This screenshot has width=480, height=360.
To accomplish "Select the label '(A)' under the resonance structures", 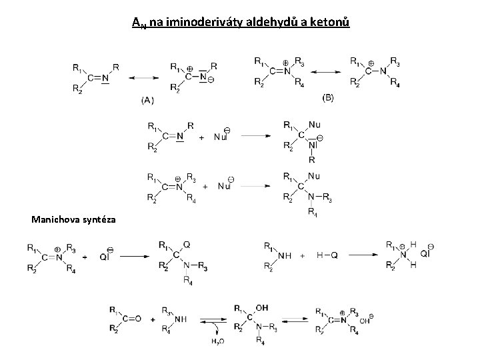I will click(148, 100).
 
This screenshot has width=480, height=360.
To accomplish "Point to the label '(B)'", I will click(329, 97).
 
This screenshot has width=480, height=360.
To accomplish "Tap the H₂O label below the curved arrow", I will click(219, 342).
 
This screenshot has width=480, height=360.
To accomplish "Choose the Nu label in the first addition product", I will click(314, 124).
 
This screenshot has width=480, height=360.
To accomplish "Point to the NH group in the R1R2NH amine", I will click(284, 255).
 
